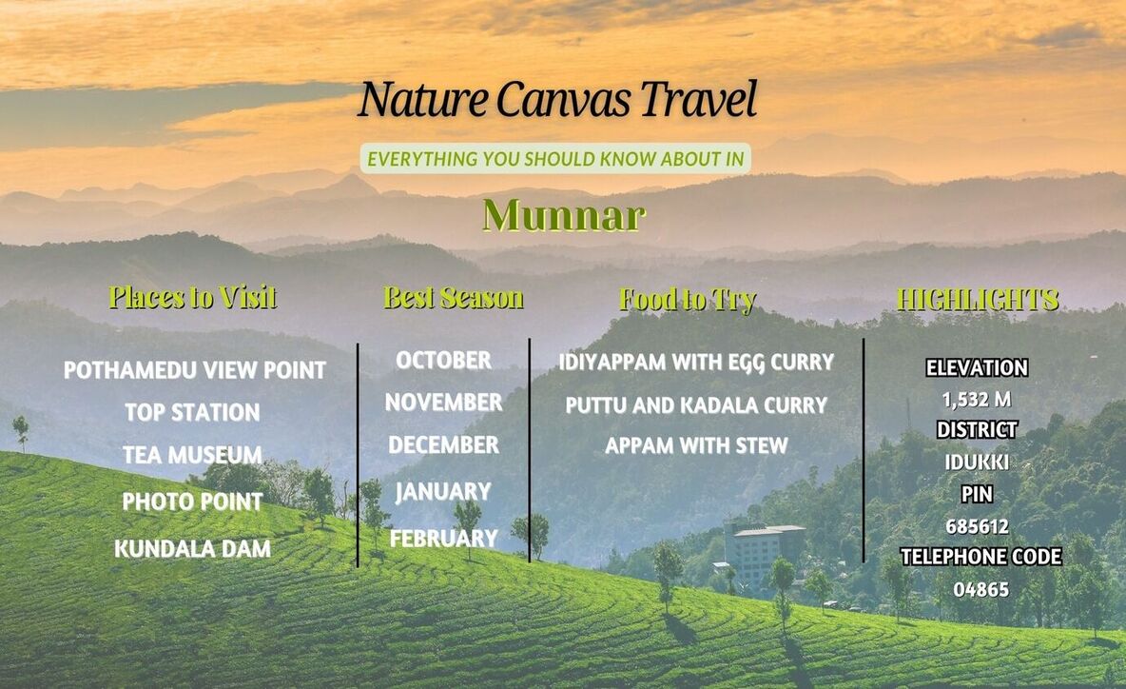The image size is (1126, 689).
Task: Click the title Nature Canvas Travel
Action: (x=557, y=99)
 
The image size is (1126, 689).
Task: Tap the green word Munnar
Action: (x=564, y=215)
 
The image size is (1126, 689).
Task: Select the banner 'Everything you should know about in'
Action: (x=555, y=159)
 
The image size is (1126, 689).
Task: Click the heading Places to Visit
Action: (x=192, y=297)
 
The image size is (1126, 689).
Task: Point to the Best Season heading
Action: (x=453, y=298)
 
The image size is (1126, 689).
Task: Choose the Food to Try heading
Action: (x=688, y=300)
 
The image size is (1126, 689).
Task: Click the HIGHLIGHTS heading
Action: (x=978, y=299)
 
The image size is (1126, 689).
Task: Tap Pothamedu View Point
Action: (x=195, y=370)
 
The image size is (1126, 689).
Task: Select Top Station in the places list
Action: (x=192, y=412)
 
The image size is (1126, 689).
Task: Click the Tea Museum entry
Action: (x=192, y=455)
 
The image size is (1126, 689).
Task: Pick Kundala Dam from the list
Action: (x=192, y=549)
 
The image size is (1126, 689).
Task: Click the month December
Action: (x=444, y=444)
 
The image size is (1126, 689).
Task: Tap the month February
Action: (x=444, y=538)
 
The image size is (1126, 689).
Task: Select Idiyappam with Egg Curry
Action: (x=696, y=362)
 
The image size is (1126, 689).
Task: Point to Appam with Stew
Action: (x=696, y=445)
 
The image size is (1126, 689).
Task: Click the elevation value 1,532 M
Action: (x=977, y=400)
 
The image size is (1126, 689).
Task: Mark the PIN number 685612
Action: (x=977, y=526)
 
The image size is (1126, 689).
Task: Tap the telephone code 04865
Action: (x=980, y=590)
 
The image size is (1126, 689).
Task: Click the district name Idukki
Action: (x=977, y=462)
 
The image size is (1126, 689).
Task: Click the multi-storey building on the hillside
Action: (x=761, y=552)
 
